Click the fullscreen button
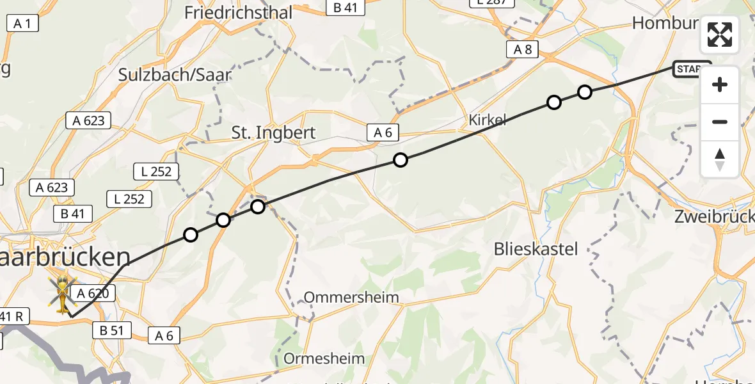point(720,35)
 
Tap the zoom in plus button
point(720,84)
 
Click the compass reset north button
point(720,159)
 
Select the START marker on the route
point(691,68)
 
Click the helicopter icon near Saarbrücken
point(63,295)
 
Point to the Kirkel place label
point(488,120)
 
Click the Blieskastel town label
point(536,249)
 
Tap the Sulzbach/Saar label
point(174,75)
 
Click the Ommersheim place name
point(351,297)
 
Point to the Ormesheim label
point(324,358)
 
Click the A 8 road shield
point(522,49)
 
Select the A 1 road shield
point(23,24)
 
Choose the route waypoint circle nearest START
point(585,92)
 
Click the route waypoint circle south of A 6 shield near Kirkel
point(401,160)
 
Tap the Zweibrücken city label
point(714,216)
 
